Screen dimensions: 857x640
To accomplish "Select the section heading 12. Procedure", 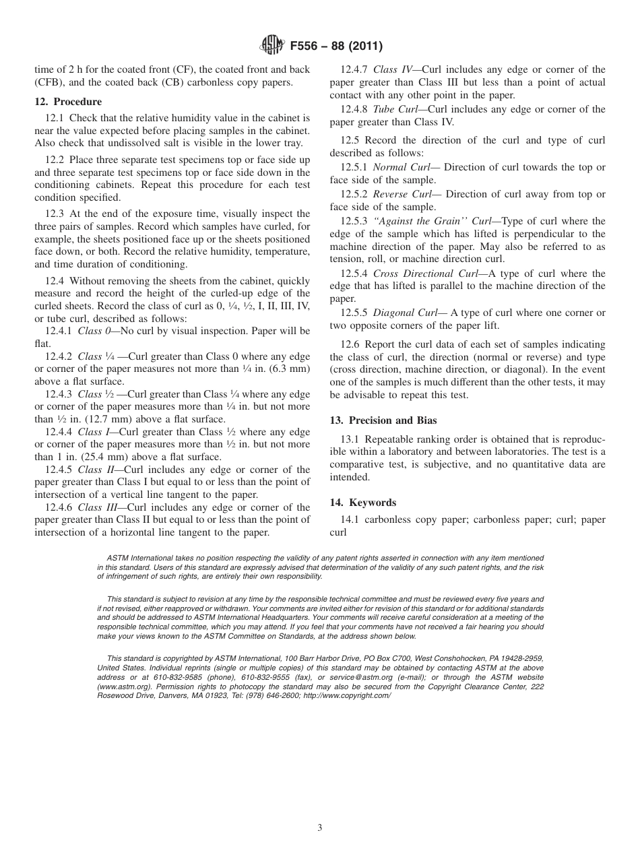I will click(x=68, y=102).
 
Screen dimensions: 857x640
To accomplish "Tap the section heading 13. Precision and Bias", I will click(x=383, y=420).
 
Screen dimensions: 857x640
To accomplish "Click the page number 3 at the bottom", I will click(x=320, y=828).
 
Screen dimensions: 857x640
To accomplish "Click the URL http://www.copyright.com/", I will click(x=347, y=695).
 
